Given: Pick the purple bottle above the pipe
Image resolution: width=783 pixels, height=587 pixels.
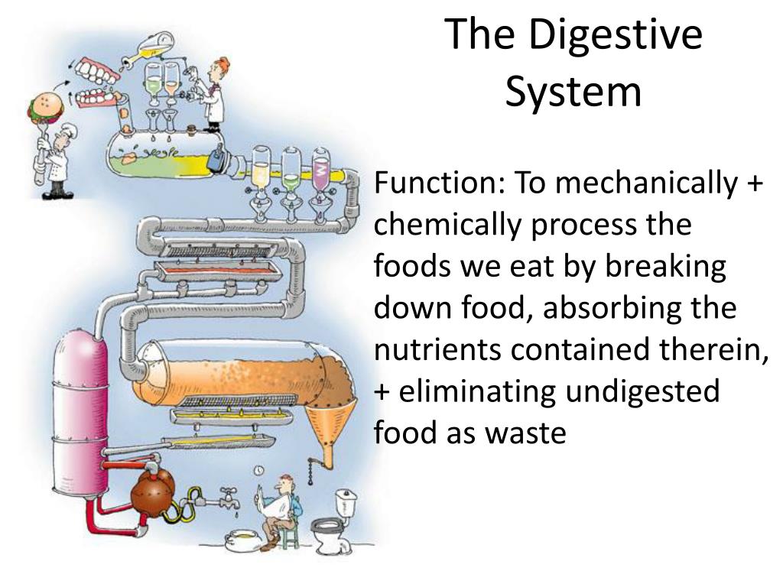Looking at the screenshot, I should pyautogui.click(x=320, y=170).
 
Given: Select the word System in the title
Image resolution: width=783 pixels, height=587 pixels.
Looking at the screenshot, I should pyautogui.click(x=573, y=90).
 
